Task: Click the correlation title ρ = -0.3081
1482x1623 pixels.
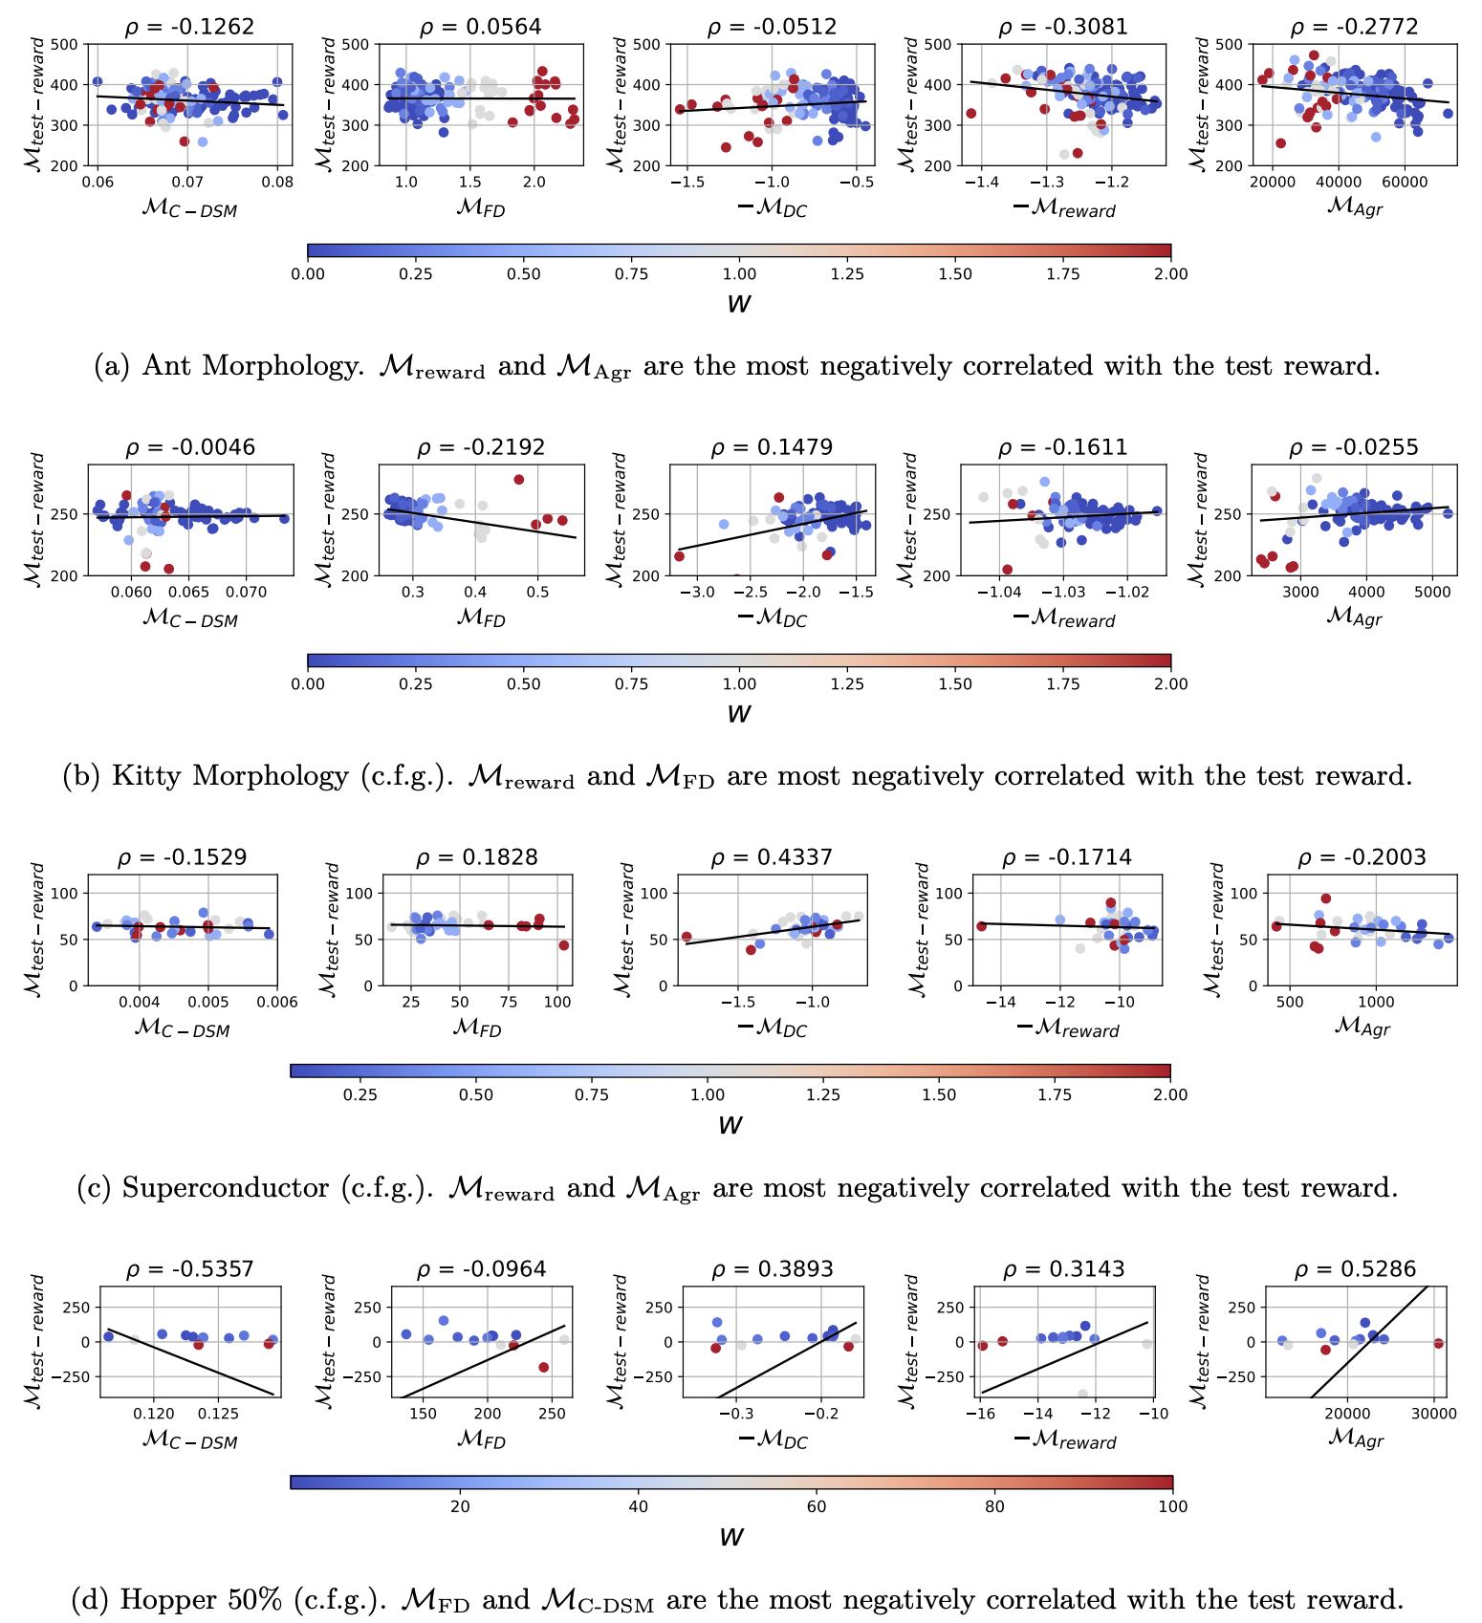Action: click(1063, 27)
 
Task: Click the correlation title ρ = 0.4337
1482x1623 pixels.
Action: click(772, 857)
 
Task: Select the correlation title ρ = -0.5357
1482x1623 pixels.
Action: click(190, 1269)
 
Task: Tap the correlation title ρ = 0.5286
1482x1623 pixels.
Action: click(1355, 1269)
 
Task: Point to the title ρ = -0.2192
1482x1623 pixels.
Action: click(481, 447)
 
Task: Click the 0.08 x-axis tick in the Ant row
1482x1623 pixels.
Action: click(277, 183)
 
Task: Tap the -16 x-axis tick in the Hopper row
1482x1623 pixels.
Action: click(979, 1414)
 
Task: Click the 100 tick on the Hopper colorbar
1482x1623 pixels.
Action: click(1172, 1506)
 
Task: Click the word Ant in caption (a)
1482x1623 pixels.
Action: click(168, 366)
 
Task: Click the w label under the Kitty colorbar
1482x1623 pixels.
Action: click(739, 714)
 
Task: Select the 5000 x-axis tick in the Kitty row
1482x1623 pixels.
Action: click(1432, 593)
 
